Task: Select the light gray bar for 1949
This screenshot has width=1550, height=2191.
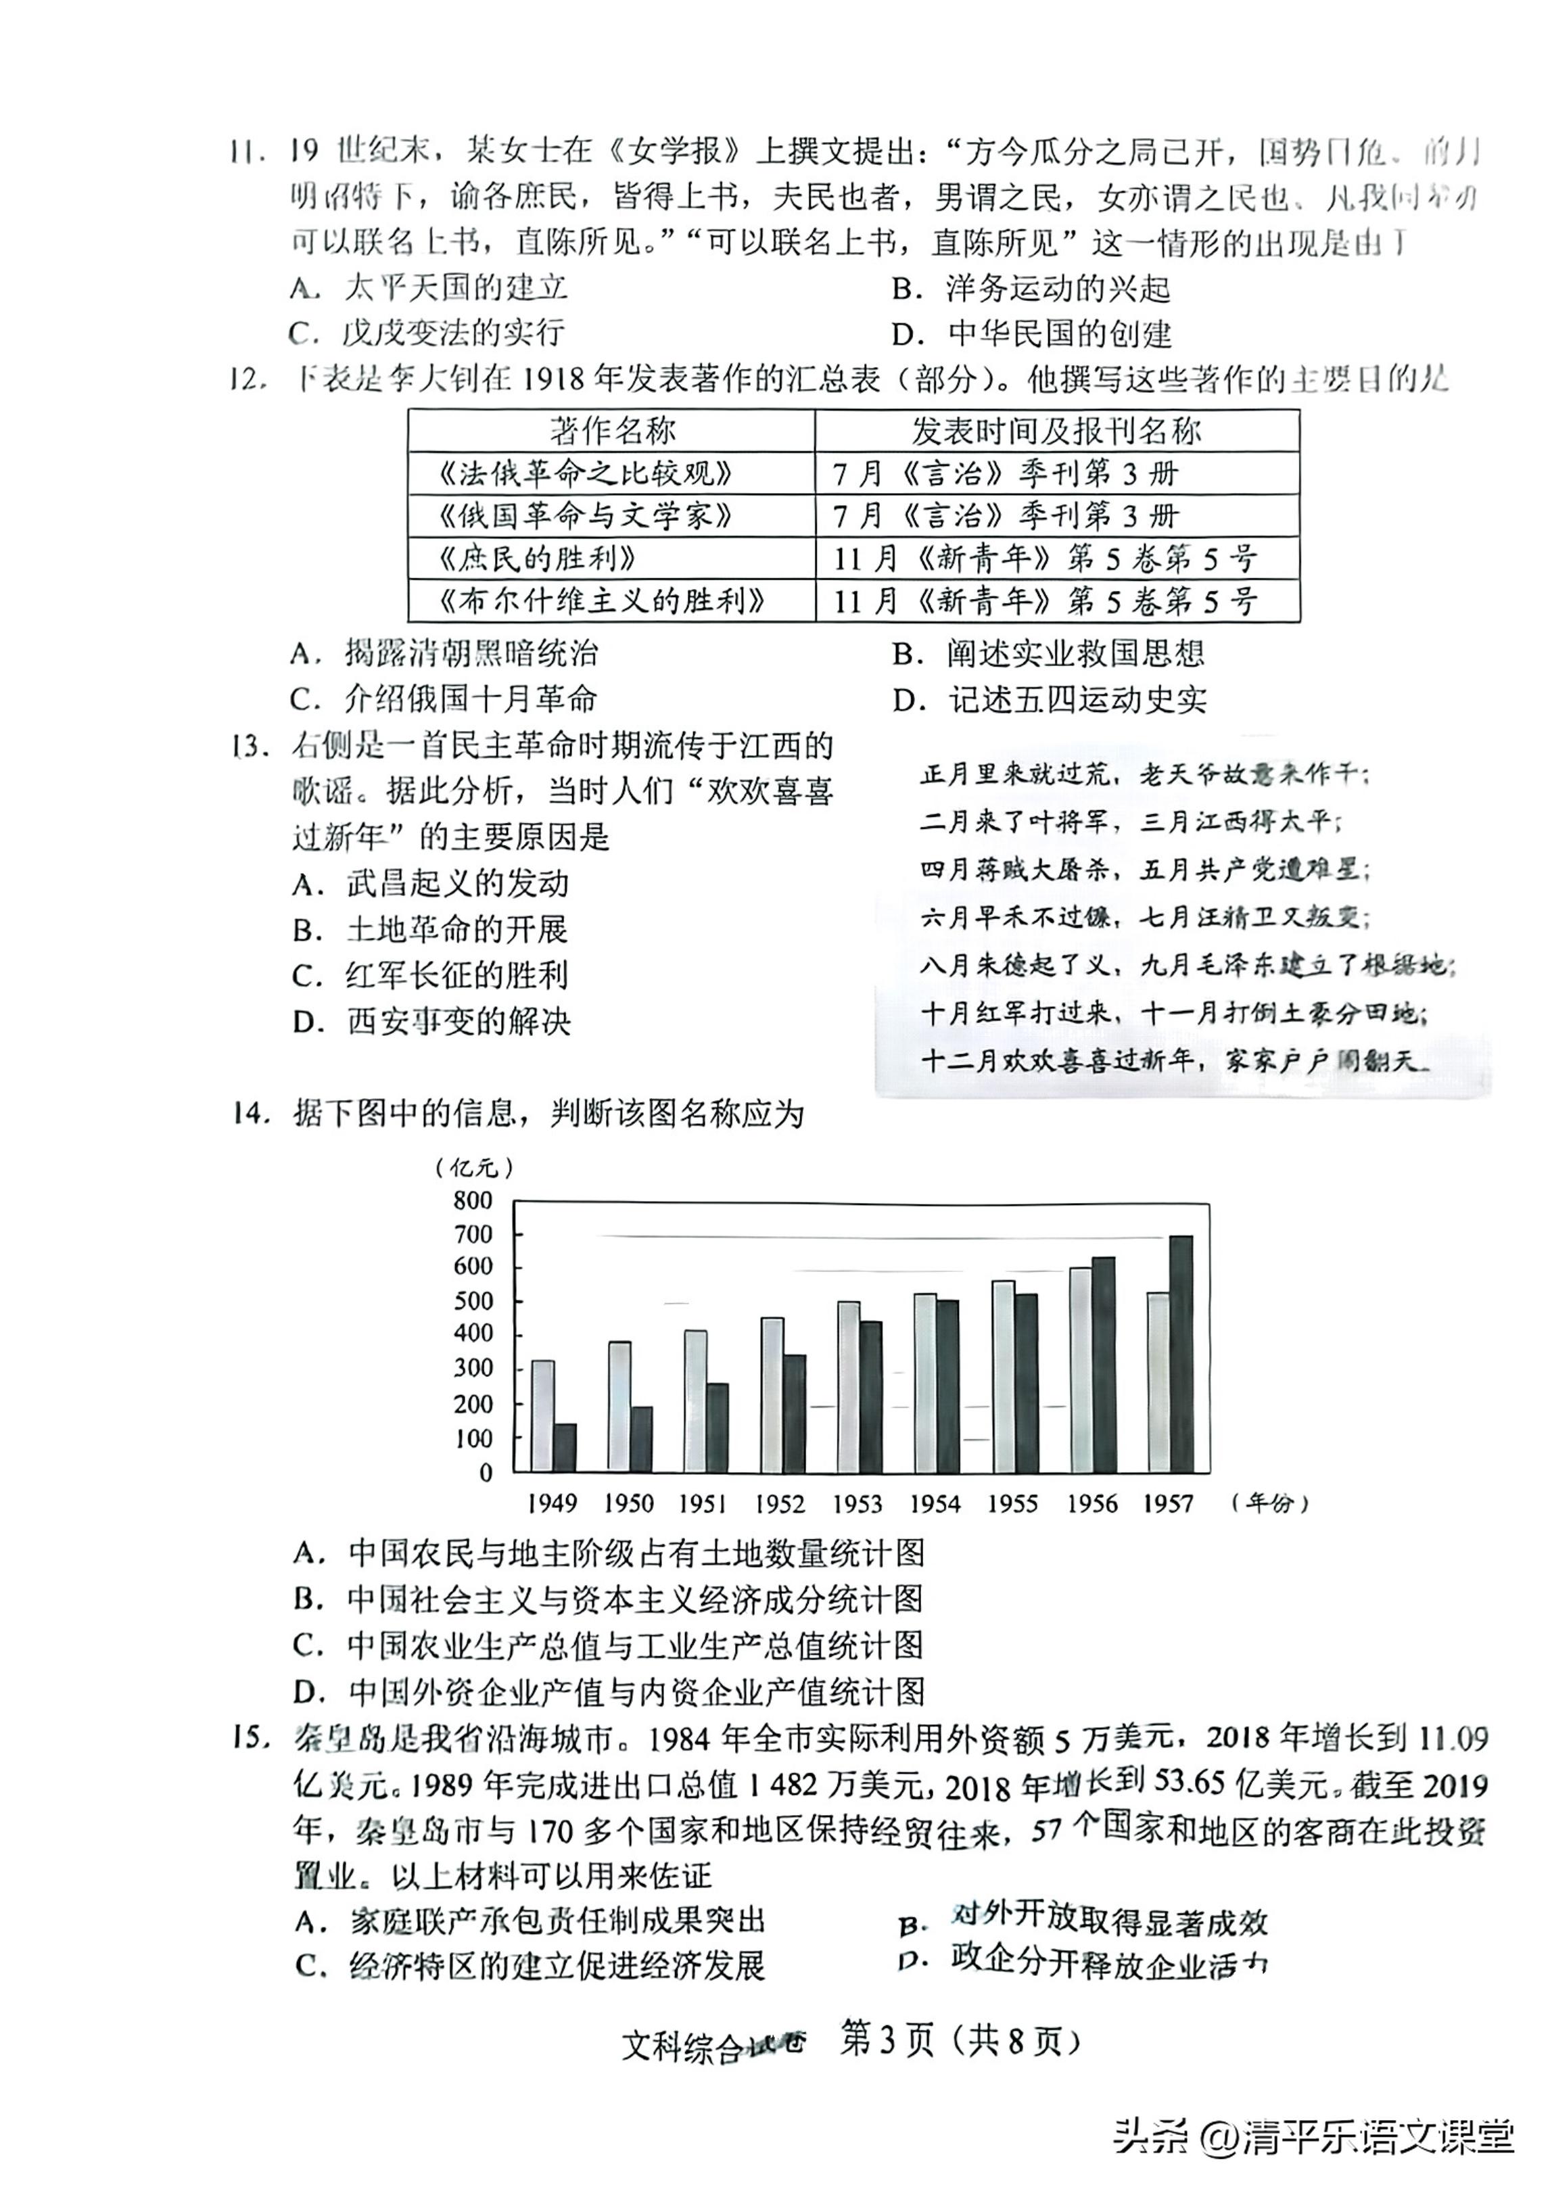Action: pos(542,1415)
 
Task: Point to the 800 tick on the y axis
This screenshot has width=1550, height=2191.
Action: pos(473,1200)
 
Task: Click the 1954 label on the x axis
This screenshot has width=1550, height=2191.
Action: pos(935,1504)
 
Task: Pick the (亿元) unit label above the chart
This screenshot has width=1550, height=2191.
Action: pos(473,1167)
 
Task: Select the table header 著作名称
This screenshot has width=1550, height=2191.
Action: pos(612,431)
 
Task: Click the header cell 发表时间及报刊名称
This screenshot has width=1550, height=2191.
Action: pos(1056,431)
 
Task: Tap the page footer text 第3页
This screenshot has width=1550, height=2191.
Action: pos(885,2040)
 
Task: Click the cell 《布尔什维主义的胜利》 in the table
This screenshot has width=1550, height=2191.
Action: pos(603,600)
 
